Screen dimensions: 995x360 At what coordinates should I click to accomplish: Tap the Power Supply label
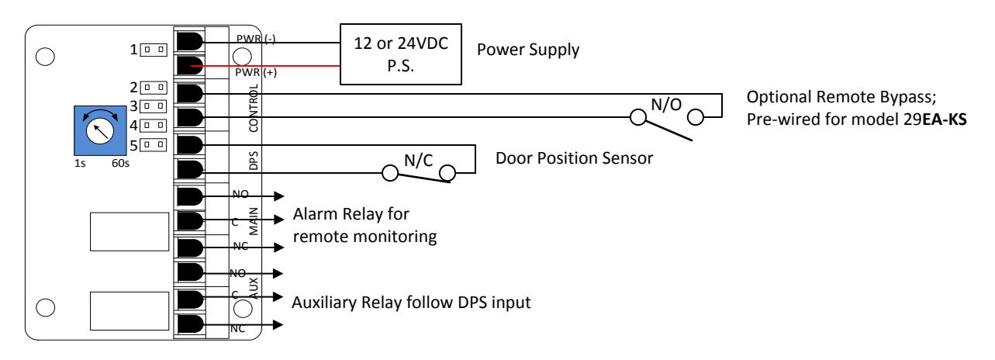(528, 50)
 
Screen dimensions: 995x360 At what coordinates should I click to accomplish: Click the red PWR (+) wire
(265, 66)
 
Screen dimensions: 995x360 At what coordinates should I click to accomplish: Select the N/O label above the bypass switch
(666, 105)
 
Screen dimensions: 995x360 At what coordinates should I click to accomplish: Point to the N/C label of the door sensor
(419, 161)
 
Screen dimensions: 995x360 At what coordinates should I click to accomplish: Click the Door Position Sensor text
(574, 158)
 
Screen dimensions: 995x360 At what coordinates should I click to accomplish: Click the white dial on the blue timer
(100, 131)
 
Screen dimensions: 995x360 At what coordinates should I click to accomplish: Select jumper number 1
(154, 50)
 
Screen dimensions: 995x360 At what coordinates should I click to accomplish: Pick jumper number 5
(154, 145)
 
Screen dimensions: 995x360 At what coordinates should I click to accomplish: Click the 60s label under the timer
(120, 164)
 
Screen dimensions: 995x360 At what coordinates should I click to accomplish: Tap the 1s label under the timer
(80, 164)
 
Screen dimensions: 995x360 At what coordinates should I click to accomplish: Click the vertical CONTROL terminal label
(253, 109)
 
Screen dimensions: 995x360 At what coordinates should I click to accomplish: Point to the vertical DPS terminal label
(253, 161)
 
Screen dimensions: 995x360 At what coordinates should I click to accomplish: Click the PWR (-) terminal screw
(190, 41)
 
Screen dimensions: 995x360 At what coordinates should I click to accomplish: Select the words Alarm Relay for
(351, 214)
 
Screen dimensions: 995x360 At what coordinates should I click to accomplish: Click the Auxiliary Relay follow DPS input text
(411, 303)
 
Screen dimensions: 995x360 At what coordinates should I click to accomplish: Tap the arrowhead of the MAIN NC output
(279, 247)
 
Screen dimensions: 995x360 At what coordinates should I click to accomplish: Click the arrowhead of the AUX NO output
(278, 273)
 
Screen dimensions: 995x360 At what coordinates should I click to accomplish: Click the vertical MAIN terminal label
(253, 221)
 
